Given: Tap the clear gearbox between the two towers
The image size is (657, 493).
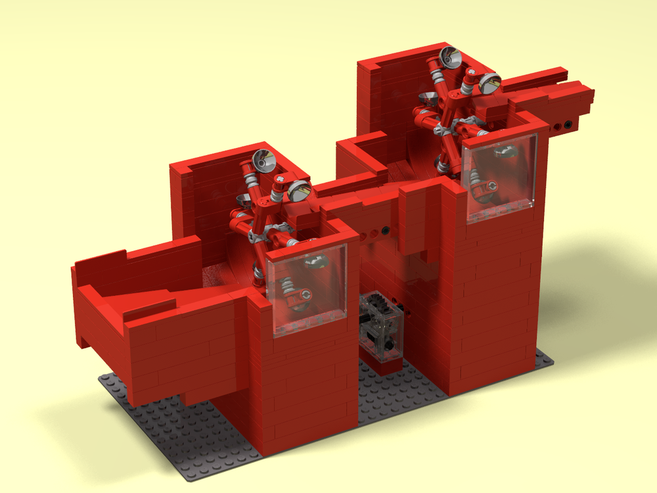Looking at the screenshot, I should [382, 325].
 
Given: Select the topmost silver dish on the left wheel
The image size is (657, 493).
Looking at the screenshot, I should [264, 160].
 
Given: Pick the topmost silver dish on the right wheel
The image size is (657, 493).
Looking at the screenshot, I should [449, 59].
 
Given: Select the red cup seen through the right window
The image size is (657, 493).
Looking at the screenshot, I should [484, 191].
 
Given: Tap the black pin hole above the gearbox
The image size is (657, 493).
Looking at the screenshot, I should [384, 230].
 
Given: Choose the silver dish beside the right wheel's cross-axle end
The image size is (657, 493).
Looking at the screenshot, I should [489, 83].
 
